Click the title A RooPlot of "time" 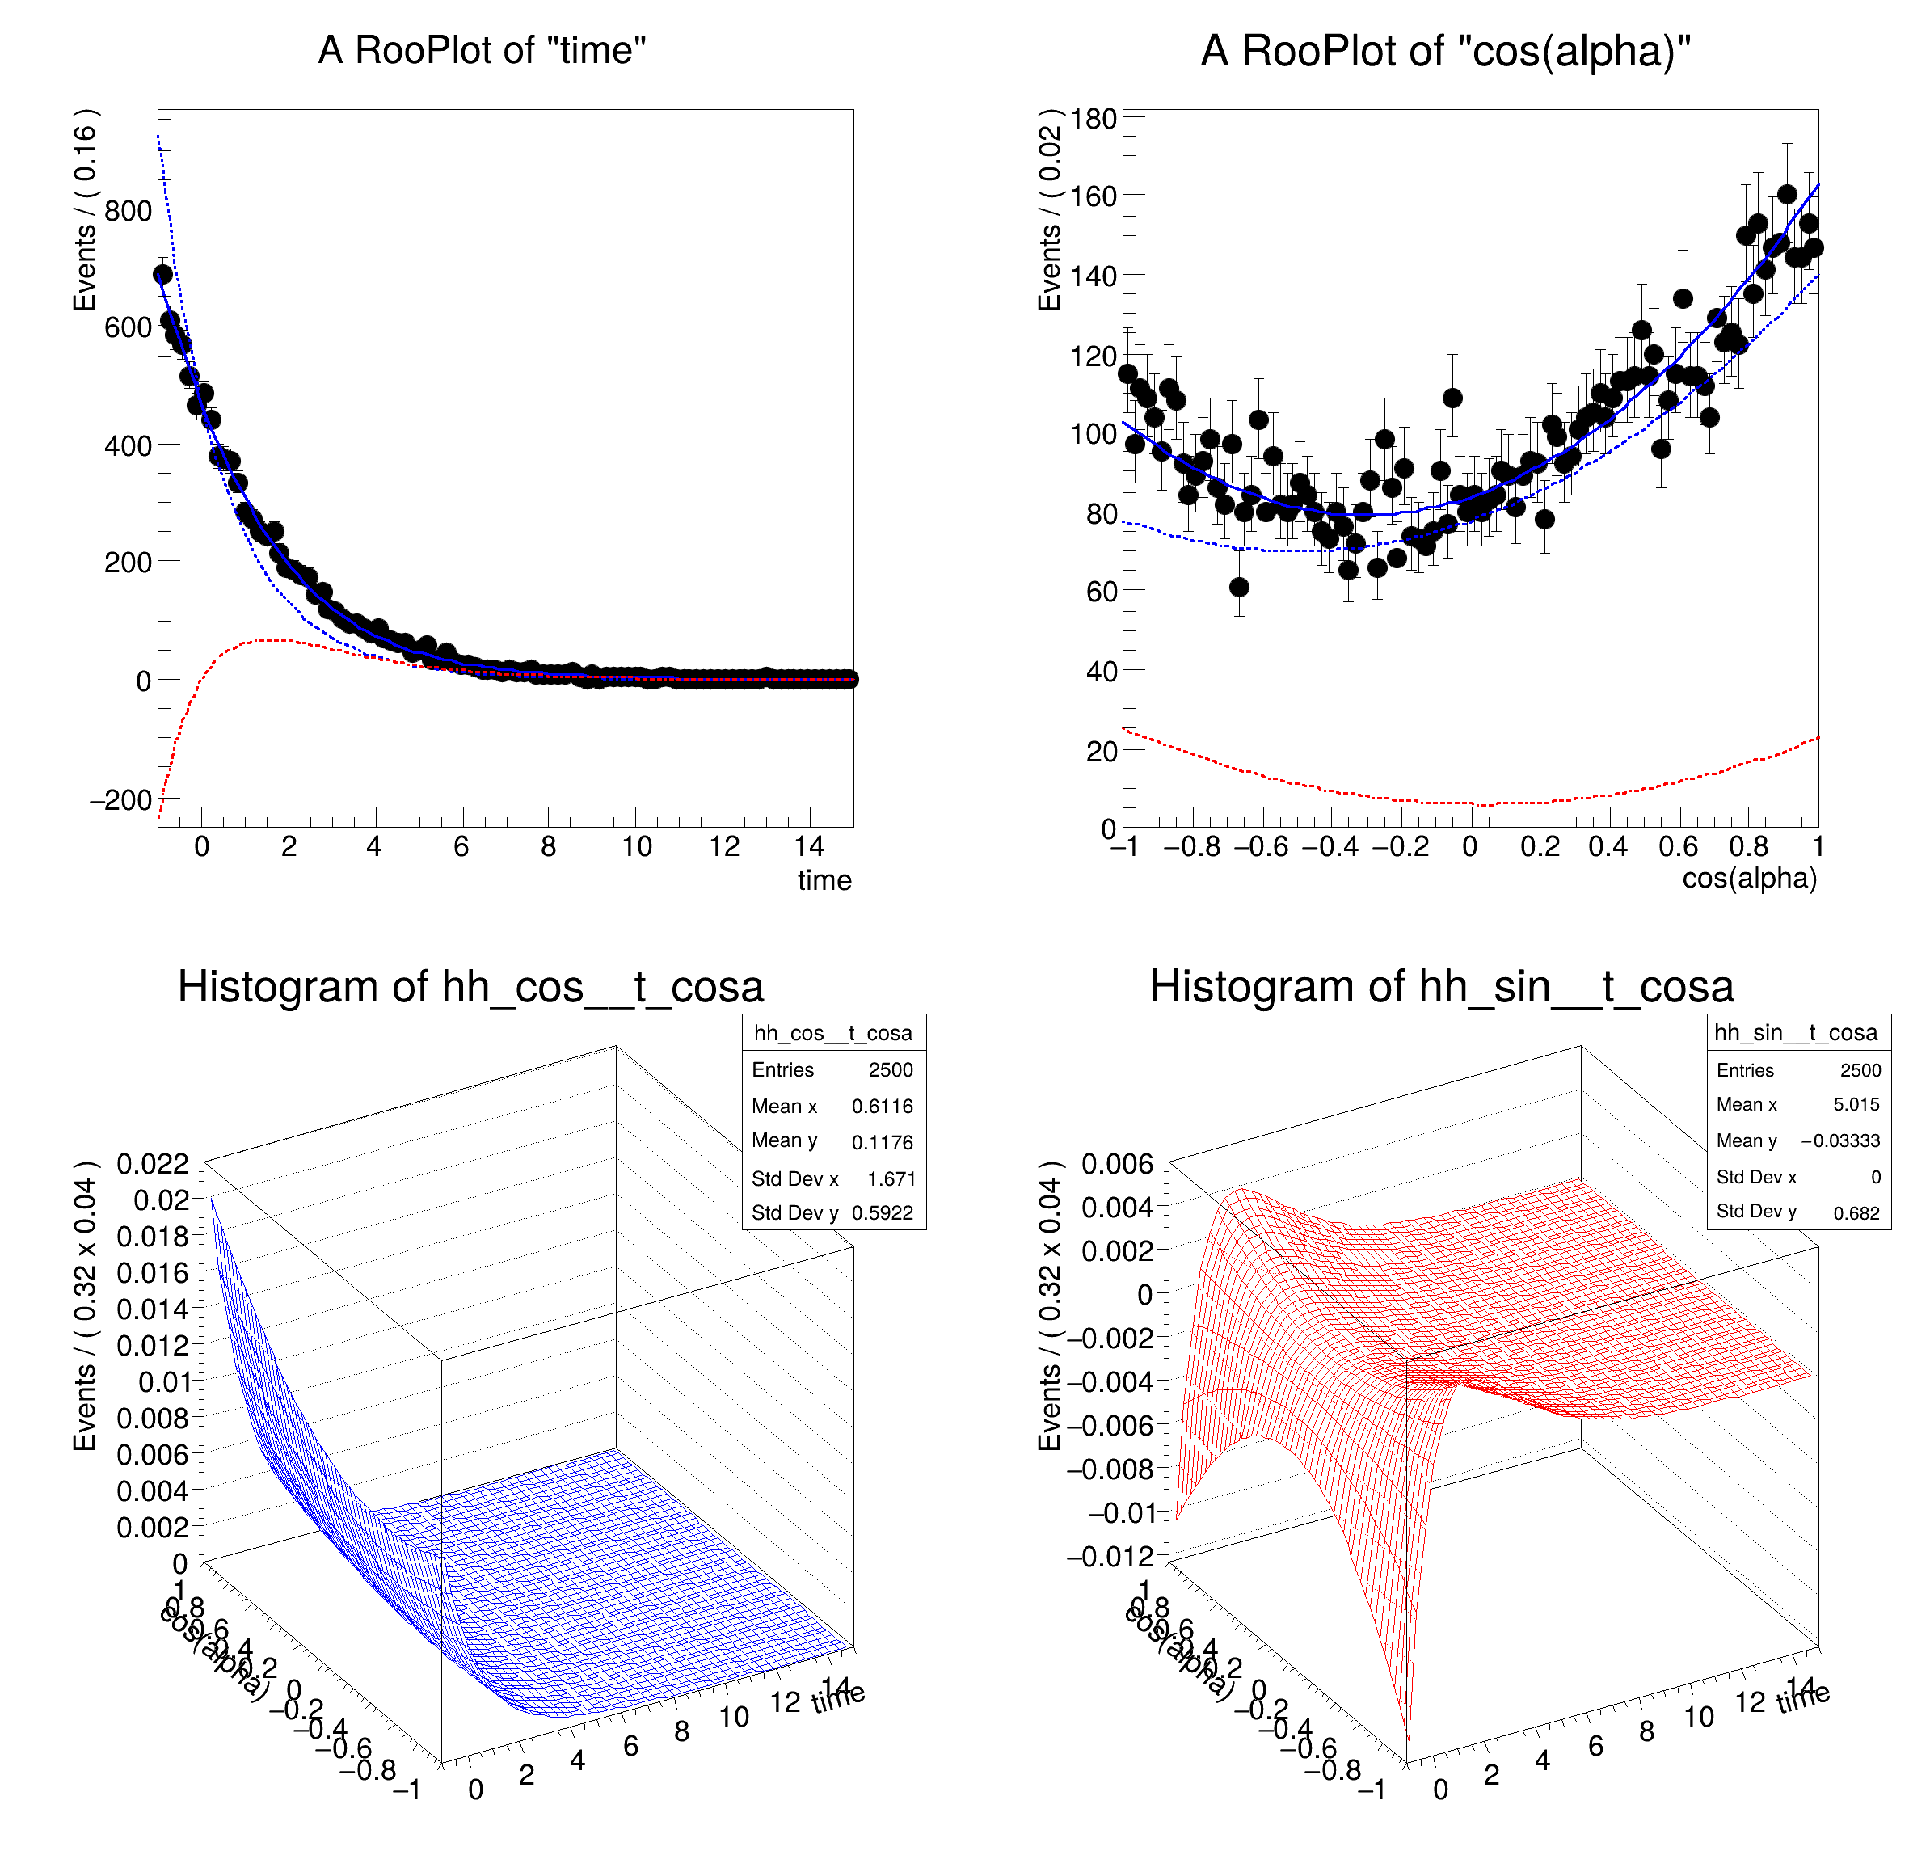click(482, 50)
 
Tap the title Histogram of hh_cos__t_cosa click(470, 987)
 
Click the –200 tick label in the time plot click(120, 799)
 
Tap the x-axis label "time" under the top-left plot click(824, 880)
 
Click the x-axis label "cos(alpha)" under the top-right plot click(1749, 879)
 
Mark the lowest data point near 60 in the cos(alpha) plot click(1239, 587)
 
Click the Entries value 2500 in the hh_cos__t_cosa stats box click(890, 1069)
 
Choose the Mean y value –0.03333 click(1839, 1140)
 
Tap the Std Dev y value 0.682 click(1856, 1213)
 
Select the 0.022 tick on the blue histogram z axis click(152, 1164)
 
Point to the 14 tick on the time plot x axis click(809, 846)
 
